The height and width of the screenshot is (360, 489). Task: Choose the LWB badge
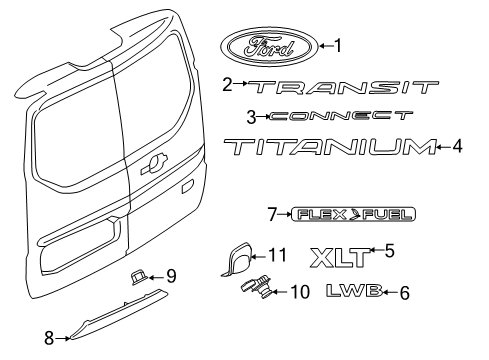click(x=354, y=293)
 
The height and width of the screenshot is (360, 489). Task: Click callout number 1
click(x=338, y=45)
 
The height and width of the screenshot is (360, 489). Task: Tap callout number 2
click(x=227, y=85)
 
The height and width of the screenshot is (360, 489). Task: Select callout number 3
click(x=251, y=116)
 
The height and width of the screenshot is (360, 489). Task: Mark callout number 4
click(x=456, y=148)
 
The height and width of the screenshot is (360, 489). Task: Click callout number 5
click(x=390, y=250)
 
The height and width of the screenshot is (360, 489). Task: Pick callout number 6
click(x=403, y=293)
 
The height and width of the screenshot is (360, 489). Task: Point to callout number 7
click(x=271, y=214)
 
